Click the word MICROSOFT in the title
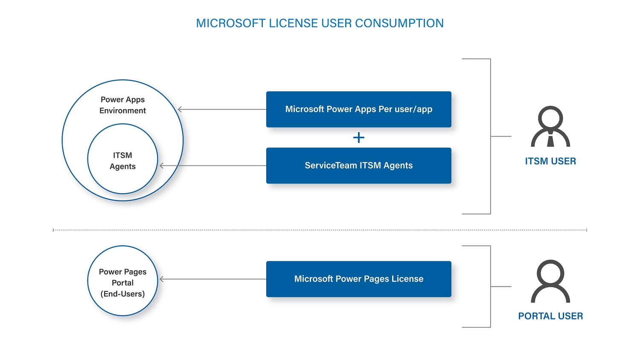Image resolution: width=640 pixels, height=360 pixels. (231, 23)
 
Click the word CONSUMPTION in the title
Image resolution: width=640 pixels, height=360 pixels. (399, 23)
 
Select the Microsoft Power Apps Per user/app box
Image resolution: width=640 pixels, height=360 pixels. (358, 109)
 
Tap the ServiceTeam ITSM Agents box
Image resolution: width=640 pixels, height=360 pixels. (358, 165)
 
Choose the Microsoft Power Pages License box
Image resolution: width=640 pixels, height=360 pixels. (358, 279)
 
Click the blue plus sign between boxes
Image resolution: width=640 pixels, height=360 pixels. (358, 137)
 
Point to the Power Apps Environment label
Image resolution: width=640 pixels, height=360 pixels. (122, 105)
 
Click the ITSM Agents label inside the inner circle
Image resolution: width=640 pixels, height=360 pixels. (122, 161)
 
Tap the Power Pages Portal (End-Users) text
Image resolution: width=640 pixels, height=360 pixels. (122, 282)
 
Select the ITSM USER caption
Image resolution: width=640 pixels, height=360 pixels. (550, 161)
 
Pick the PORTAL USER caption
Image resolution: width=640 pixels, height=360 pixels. (550, 316)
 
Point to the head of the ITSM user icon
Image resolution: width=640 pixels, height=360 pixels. (550, 119)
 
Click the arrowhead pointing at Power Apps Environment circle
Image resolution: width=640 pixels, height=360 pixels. (180, 109)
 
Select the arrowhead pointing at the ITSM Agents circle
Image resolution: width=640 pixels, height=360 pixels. (161, 165)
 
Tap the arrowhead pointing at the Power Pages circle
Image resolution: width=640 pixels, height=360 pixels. (161, 279)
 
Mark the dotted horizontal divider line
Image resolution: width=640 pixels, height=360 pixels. (320, 230)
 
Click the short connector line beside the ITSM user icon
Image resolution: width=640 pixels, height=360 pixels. (501, 136)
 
